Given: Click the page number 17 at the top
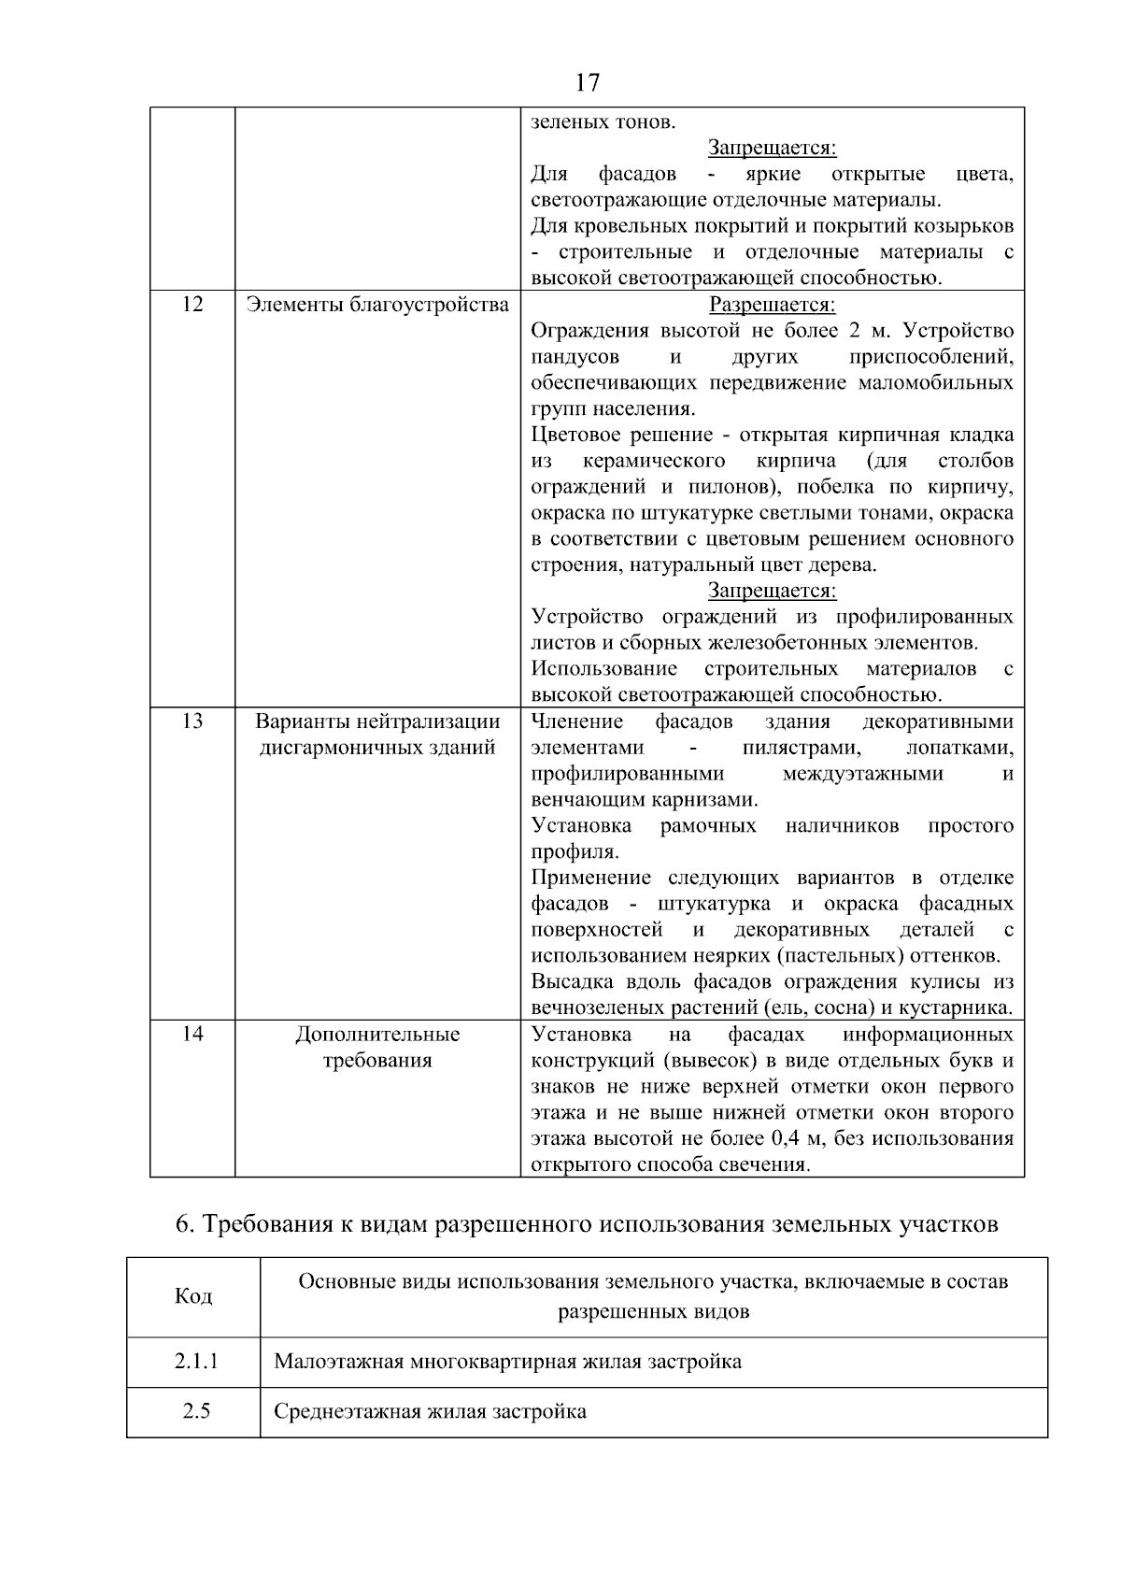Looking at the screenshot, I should point(587,82).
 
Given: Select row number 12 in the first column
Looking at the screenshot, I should point(192,305).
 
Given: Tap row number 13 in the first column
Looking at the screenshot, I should point(192,722).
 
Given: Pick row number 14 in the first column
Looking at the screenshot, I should point(192,1034).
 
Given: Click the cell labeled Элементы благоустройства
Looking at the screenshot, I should point(377,305).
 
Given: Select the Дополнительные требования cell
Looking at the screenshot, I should point(377,1047).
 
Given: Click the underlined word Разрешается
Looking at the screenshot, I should point(772,305).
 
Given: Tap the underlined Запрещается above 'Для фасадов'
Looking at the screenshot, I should point(772,148).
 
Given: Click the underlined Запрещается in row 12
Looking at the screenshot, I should point(772,591).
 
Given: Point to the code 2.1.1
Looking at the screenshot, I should point(195,1361).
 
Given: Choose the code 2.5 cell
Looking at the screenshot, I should point(195,1410).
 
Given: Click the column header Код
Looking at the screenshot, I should point(193,1296).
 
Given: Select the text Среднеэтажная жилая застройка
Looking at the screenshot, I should point(430,1410).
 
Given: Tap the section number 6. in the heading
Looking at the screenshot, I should point(184,1224).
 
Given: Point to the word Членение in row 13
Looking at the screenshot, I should point(577,722).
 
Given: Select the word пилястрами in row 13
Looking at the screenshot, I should point(802,748).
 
